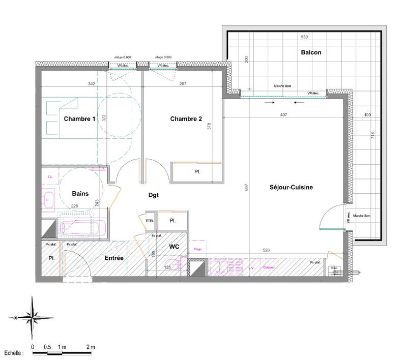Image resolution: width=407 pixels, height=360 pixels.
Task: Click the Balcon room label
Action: coord(311,52)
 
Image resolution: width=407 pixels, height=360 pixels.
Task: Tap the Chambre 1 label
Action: coord(79,119)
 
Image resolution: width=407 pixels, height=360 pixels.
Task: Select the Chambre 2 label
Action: coord(186,119)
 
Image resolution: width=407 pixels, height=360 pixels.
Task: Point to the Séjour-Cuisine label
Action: coord(290,187)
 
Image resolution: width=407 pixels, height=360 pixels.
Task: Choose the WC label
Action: coord(175,247)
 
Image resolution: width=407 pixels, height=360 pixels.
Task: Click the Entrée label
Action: coord(114,258)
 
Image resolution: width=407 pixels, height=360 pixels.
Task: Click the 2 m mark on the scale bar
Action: coord(91,346)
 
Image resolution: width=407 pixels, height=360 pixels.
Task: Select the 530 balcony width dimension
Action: coord(304,38)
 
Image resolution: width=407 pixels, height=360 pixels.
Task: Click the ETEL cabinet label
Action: coord(150,221)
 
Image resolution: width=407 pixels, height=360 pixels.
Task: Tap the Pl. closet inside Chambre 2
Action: coord(196,172)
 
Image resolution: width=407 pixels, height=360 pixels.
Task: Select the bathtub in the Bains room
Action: coord(81,225)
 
